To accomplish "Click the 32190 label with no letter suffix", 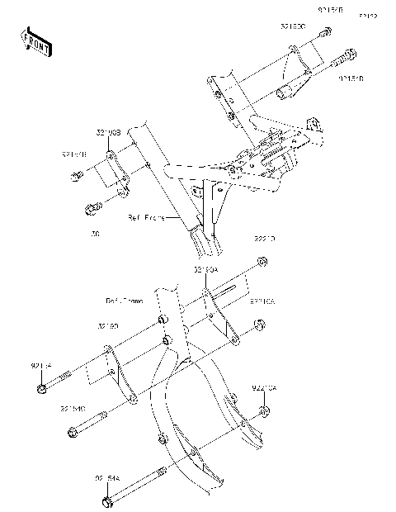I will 109,327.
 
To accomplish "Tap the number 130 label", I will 96,235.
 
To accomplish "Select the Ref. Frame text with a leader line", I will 145,219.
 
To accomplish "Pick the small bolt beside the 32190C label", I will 326,33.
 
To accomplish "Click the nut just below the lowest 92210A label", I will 263,411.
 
